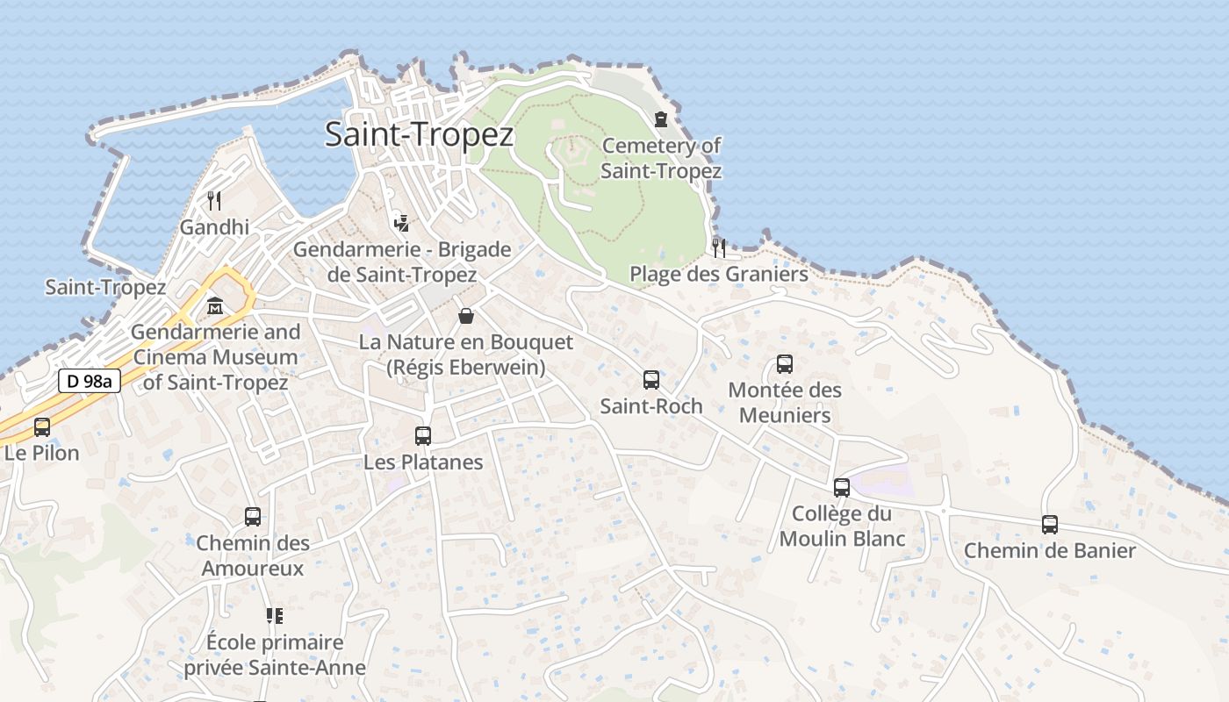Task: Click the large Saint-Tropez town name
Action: tap(419, 134)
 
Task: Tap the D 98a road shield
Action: tap(90, 382)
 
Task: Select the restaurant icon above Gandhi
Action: tap(214, 201)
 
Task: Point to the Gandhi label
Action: tap(214, 227)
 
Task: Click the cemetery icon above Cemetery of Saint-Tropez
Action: tap(660, 118)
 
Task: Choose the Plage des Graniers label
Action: tap(718, 275)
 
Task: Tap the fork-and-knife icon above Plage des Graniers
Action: tap(718, 247)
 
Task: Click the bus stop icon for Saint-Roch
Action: tap(651, 379)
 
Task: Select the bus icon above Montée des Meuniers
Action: tap(785, 363)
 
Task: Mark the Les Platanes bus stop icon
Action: tap(423, 435)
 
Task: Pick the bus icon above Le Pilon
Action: tap(42, 427)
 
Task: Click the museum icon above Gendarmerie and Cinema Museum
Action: tap(215, 307)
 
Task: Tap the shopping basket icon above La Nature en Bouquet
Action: tap(466, 316)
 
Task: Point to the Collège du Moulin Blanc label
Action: tap(842, 526)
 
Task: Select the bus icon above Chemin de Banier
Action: tap(1050, 525)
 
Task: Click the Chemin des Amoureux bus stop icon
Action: tap(253, 517)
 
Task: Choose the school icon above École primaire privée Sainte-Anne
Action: tap(275, 616)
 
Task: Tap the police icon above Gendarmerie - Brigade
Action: tap(401, 223)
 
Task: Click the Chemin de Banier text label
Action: tap(1050, 551)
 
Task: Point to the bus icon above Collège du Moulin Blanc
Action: tap(842, 487)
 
